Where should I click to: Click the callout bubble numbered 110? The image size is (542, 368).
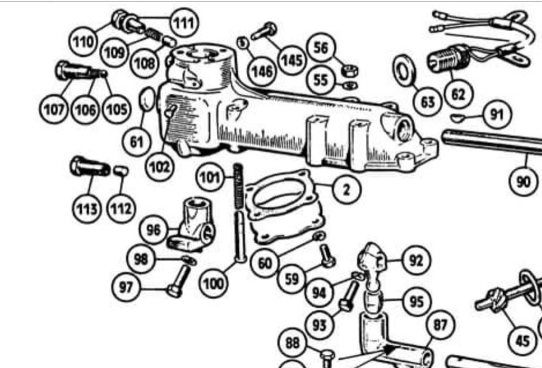point(82,42)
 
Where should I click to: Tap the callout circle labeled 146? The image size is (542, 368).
point(262,72)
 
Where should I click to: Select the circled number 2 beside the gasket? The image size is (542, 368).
point(346,189)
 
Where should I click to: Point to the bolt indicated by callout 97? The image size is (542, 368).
point(177,281)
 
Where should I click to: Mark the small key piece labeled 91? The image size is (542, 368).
point(458,119)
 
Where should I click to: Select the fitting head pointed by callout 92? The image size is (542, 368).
point(370,256)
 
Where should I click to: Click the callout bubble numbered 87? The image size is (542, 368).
point(440,326)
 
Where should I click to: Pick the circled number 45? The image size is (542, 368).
point(522,341)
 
